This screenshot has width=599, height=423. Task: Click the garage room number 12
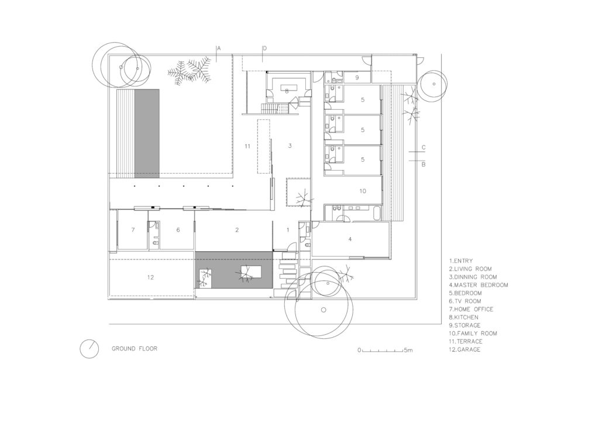[x=150, y=278]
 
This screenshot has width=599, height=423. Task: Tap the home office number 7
[x=133, y=230]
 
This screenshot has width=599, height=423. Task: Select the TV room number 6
[x=178, y=230]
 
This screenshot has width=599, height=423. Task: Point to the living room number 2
[x=237, y=230]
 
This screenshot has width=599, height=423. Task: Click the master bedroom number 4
[x=350, y=239]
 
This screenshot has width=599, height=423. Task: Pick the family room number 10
[x=363, y=190]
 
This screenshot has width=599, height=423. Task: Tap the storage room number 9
[x=357, y=78]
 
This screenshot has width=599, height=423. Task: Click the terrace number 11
[x=247, y=146]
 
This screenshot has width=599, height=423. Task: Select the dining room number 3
[x=290, y=145]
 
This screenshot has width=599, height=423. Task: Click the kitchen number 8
[x=287, y=91]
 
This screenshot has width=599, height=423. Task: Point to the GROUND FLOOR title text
[x=135, y=349]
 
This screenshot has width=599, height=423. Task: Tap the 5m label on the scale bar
[x=408, y=350]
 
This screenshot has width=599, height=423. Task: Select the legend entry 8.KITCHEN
[x=464, y=317]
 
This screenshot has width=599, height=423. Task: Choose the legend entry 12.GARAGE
[x=465, y=349]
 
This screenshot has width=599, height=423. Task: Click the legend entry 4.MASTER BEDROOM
[x=478, y=285]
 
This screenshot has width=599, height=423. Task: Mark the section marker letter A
[x=219, y=48]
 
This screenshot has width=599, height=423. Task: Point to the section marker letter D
[x=264, y=48]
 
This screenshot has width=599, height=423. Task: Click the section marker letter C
[x=424, y=147]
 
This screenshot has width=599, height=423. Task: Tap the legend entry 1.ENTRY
[x=461, y=261]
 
